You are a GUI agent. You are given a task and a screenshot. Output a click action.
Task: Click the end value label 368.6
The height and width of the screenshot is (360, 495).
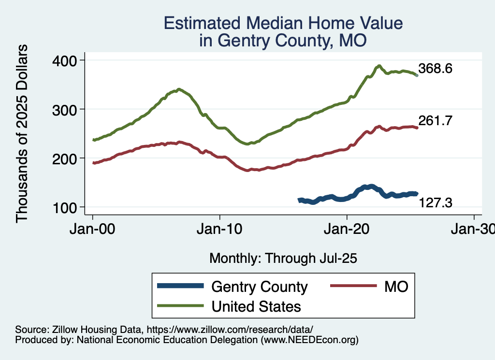click(436, 69)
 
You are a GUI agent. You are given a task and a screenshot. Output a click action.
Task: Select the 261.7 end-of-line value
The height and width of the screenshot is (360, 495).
click(436, 121)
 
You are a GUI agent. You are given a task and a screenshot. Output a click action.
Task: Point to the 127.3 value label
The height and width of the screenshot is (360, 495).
click(436, 203)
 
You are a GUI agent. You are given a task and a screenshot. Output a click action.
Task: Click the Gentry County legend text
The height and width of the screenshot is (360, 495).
click(260, 287)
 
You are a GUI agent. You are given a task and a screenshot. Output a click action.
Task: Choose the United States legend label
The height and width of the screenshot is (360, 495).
click(256, 306)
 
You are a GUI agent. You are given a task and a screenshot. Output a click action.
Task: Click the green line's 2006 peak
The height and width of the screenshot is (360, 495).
click(179, 89)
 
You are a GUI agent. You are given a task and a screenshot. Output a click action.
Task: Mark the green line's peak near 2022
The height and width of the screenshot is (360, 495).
click(379, 66)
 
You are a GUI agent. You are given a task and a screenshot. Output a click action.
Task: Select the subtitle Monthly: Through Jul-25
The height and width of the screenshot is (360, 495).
click(283, 259)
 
